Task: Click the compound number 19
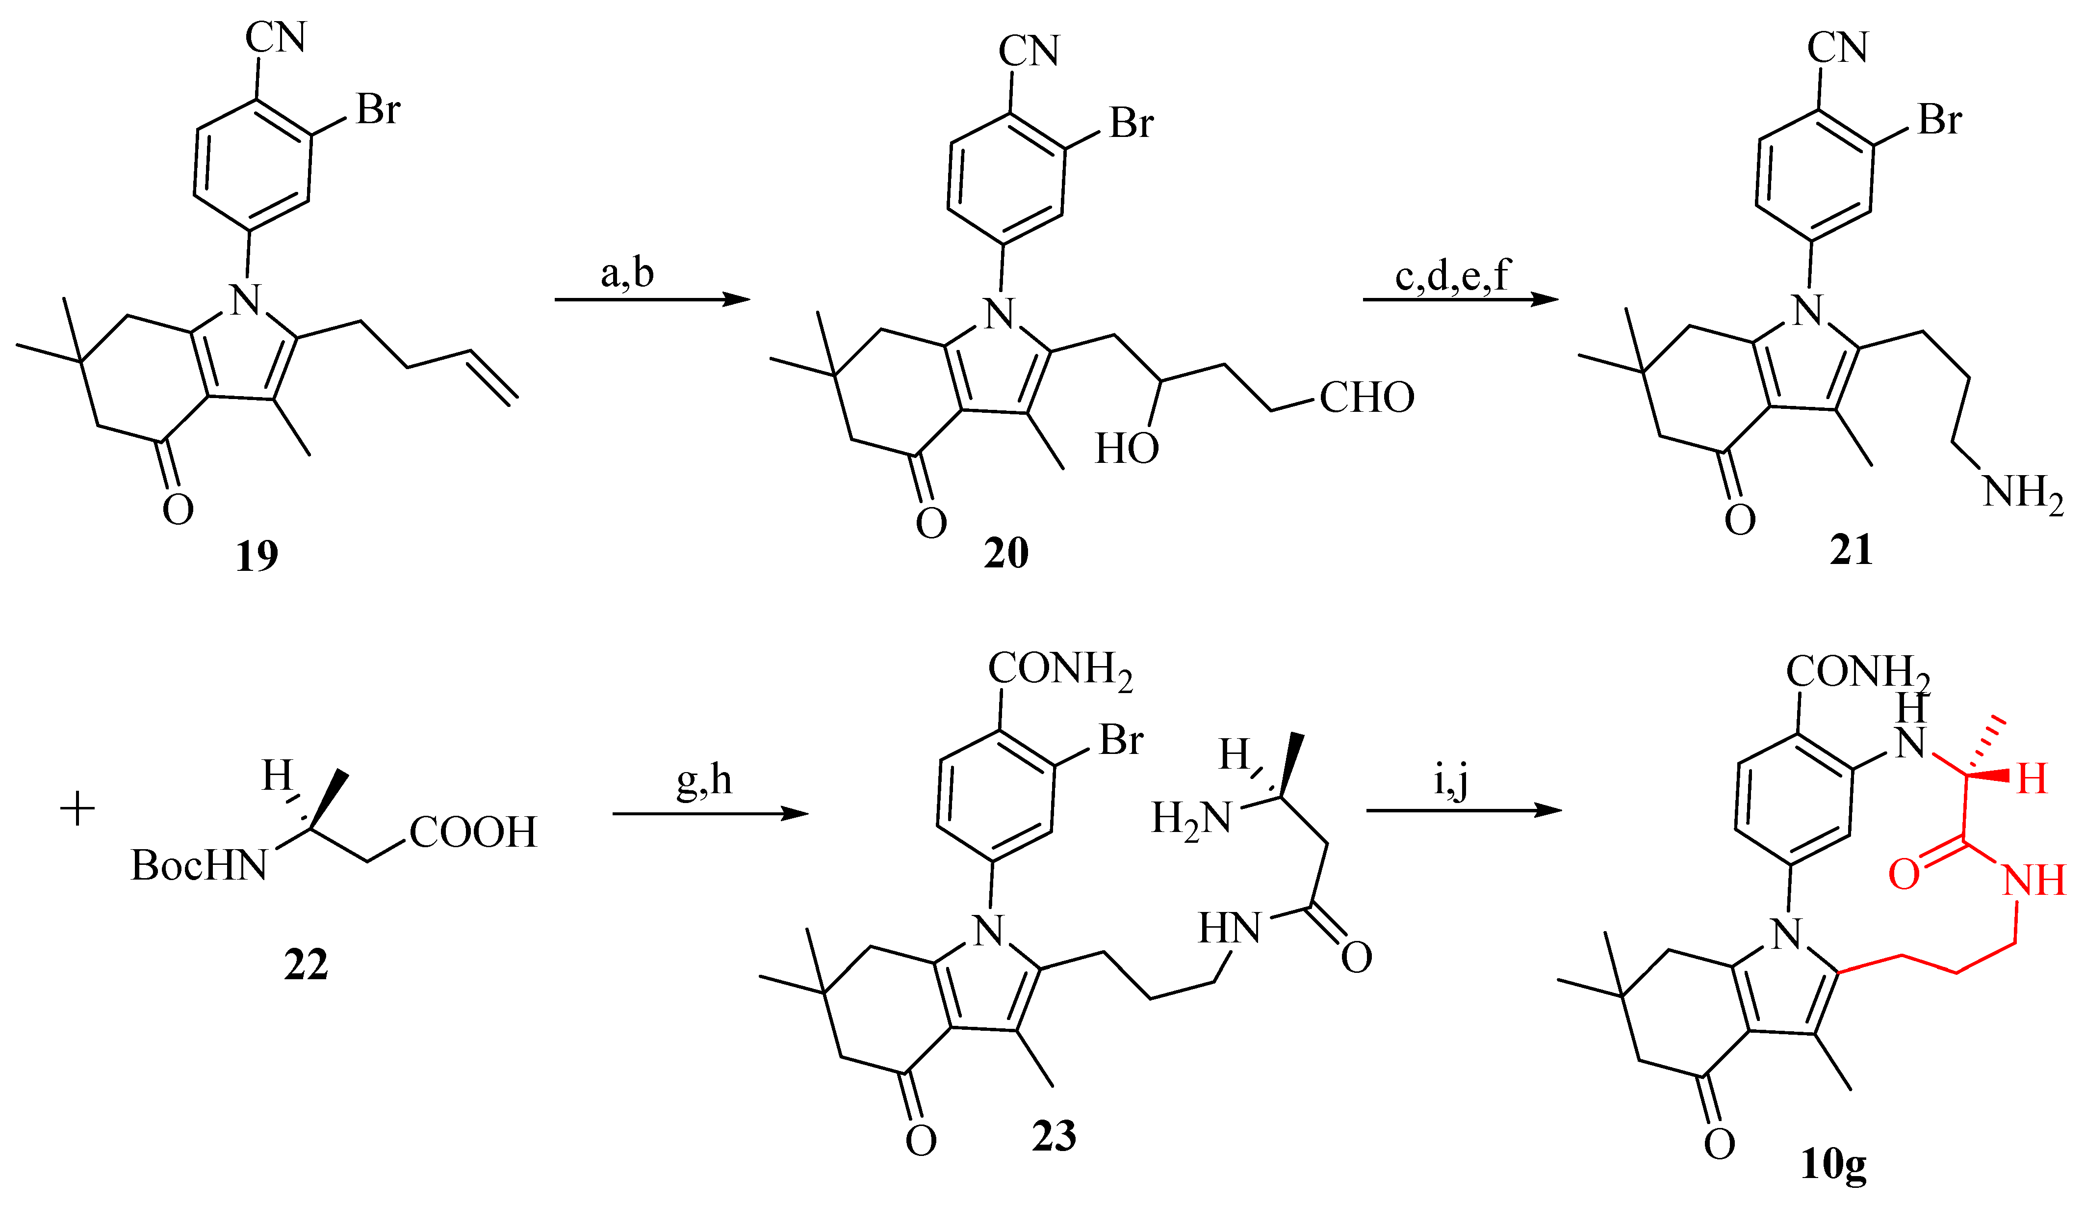point(257,556)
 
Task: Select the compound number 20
point(1006,553)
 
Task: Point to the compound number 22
point(306,965)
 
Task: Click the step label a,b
point(627,273)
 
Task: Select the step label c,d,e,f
point(1453,275)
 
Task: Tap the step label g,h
point(704,780)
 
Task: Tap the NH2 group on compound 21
point(2023,493)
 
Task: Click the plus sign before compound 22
point(78,809)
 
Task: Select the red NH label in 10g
point(2034,880)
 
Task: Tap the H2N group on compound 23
point(1191,819)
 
